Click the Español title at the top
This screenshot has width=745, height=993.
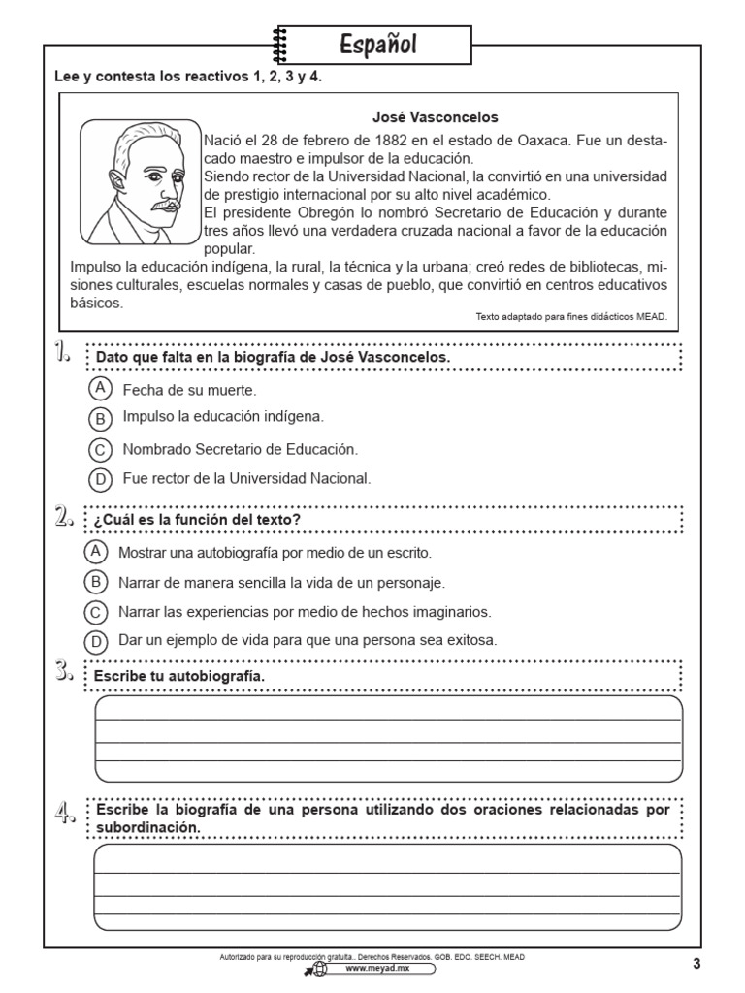pos(378,45)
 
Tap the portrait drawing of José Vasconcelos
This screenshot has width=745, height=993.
pos(139,181)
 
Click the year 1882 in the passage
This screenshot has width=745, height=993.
pos(394,141)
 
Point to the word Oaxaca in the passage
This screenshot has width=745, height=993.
pos(534,141)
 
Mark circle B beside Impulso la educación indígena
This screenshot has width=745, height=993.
pos(100,419)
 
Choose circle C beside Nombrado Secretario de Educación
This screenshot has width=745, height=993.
pos(100,450)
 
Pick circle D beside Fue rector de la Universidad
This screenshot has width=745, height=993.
pos(100,479)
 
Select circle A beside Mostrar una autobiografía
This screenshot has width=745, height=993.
pos(96,552)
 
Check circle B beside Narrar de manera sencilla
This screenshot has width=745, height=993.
pos(96,582)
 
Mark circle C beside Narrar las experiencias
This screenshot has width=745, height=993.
pos(96,612)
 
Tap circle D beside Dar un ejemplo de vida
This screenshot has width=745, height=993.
pos(96,641)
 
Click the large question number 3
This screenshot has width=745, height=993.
pos(66,670)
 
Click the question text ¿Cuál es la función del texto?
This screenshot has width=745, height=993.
pos(197,521)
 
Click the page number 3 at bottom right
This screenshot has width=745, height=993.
pos(696,963)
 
